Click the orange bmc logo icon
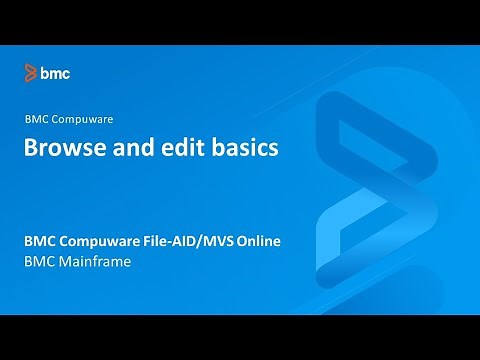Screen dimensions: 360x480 [x=31, y=72]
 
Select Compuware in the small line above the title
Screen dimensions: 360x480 [x=84, y=119]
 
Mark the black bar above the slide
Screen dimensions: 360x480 [x=240, y=22]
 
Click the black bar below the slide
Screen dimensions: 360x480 [x=240, y=337]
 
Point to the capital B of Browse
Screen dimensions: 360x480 [x=31, y=149]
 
